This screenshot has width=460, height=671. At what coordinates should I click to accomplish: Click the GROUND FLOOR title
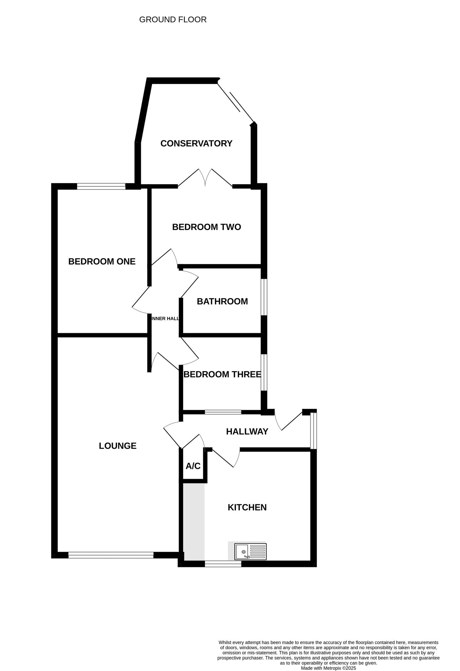pos(173,20)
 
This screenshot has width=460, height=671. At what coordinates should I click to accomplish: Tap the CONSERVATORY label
pos(196,143)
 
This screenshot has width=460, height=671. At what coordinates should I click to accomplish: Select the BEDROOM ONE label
pos(102,261)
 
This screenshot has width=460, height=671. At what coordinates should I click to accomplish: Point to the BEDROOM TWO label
pos(207,227)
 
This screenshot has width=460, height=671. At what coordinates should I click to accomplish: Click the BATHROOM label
pos(222,301)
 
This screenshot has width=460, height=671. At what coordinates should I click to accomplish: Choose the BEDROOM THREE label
pos(222,374)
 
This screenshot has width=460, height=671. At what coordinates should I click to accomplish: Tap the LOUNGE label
pos(118,446)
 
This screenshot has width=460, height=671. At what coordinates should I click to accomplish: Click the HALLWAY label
pos(247,431)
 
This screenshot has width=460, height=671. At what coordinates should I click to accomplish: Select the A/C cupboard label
pos(193,466)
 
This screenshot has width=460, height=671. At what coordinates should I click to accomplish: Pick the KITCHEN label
pos(247,507)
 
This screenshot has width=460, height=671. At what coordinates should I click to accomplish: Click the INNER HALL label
pos(165,319)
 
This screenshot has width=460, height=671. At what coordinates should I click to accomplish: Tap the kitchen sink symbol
pos(250,552)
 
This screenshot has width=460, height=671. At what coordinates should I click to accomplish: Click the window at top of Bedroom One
pos(101,186)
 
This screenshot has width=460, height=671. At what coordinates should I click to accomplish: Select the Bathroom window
pos(264,297)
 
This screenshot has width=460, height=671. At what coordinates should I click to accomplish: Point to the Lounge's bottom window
pos(111,555)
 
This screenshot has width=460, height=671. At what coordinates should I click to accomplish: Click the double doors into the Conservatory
pos(205,177)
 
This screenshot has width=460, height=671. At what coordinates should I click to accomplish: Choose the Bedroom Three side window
pos(264,372)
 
